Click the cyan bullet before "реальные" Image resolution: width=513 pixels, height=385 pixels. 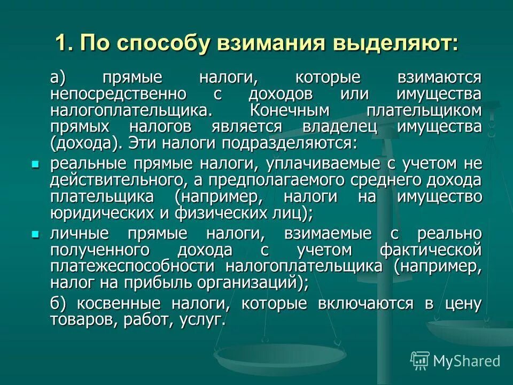coord(36,163)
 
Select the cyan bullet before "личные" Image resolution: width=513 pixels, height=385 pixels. coord(36,234)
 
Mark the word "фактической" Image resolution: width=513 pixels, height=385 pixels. coord(431,250)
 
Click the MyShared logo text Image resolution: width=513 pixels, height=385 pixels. coord(467,360)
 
